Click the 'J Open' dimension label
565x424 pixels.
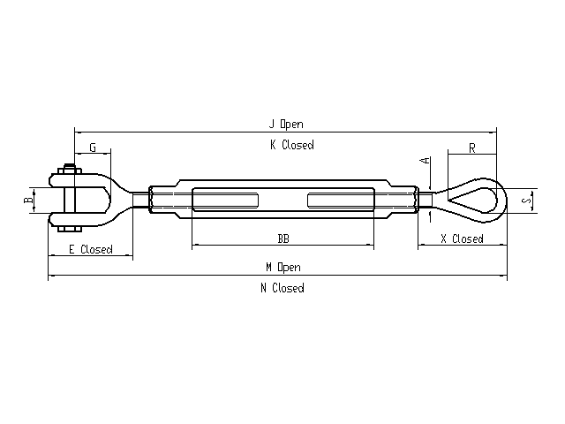(286, 124)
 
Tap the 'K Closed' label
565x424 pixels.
(292, 145)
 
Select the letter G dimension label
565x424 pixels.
(93, 148)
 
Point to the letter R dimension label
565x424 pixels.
(472, 148)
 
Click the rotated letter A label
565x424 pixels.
(426, 160)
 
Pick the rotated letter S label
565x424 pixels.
(527, 199)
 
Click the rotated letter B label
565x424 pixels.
(28, 199)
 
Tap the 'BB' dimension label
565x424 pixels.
(283, 238)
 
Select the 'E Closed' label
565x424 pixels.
(91, 249)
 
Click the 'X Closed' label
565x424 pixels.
(463, 239)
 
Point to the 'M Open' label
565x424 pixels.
(283, 267)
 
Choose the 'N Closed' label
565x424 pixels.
(282, 288)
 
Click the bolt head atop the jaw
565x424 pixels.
(69, 170)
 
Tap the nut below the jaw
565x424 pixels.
(70, 229)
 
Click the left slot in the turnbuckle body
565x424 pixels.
(226, 201)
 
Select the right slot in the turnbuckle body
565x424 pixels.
(341, 201)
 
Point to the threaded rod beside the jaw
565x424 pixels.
(141, 201)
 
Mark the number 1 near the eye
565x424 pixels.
(430, 217)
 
